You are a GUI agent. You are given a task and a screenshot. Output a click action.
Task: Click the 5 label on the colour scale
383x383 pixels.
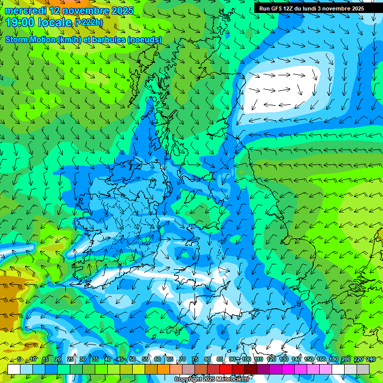click(x=19, y=359)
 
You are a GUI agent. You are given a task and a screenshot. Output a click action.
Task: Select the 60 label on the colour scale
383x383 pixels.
click(x=157, y=359)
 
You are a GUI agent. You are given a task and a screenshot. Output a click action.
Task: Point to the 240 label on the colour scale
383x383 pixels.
click(x=371, y=359)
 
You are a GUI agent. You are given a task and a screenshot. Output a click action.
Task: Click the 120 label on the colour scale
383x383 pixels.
click(x=271, y=359)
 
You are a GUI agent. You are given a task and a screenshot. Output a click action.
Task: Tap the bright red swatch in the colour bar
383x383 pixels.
click(x=226, y=369)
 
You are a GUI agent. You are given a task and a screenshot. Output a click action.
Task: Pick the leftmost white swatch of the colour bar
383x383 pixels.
click(x=14, y=369)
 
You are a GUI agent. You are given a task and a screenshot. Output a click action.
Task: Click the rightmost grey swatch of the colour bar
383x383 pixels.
click(x=363, y=369)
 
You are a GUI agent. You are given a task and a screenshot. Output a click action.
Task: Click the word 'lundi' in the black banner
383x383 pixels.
click(x=308, y=8)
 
